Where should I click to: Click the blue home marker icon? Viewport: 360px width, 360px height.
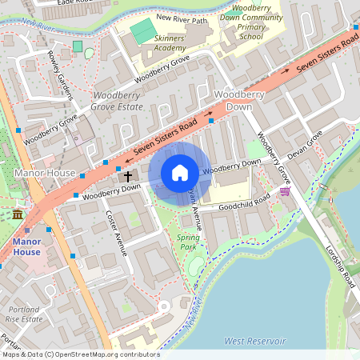tap(180, 173)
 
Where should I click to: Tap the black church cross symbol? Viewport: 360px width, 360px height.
tap(128, 175)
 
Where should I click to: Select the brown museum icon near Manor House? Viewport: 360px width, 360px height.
tap(18, 214)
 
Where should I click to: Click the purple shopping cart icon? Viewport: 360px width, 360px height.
tap(285, 191)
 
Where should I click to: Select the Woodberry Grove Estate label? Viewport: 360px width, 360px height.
tap(117, 100)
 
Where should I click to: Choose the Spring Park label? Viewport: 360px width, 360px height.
tap(188, 242)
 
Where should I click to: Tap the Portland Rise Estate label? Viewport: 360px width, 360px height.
tap(24, 314)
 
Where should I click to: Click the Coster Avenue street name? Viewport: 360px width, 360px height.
tap(117, 233)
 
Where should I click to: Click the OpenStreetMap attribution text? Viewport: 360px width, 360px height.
tap(80, 354)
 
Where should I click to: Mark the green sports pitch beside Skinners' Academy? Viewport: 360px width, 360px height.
tap(142, 32)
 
